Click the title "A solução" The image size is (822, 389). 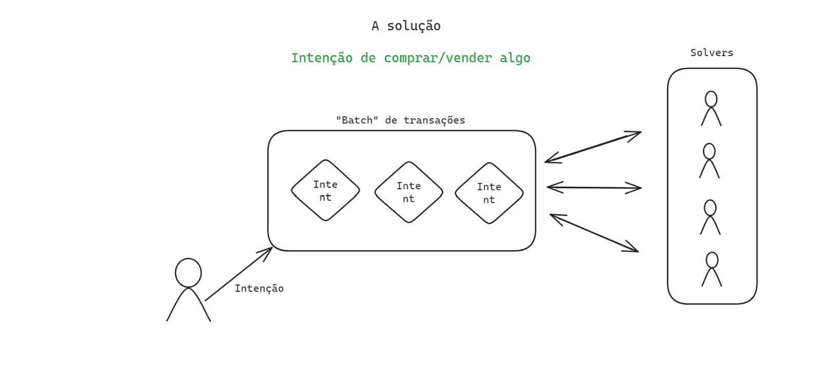[x=406, y=26]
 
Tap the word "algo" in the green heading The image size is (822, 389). [x=515, y=58]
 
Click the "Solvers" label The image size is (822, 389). [x=712, y=52]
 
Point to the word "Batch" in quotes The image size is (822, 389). [x=357, y=120]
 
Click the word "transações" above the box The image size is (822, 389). [x=434, y=120]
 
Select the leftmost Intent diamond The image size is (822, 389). [x=325, y=190]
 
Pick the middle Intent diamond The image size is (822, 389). [x=408, y=192]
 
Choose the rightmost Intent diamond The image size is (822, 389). [x=489, y=193]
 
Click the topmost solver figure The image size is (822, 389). [x=711, y=108]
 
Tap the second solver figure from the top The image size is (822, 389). [x=709, y=161]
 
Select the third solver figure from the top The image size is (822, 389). [x=710, y=217]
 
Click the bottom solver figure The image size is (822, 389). [x=712, y=269]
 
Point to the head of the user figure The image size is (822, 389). [x=188, y=273]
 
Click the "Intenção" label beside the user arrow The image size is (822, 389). [x=259, y=289]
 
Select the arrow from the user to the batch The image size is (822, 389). [x=238, y=274]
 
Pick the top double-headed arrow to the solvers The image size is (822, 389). [x=593, y=147]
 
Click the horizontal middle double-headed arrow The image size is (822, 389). [x=594, y=188]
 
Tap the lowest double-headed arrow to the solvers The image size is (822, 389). [x=594, y=233]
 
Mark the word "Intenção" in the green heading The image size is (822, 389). [x=322, y=58]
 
